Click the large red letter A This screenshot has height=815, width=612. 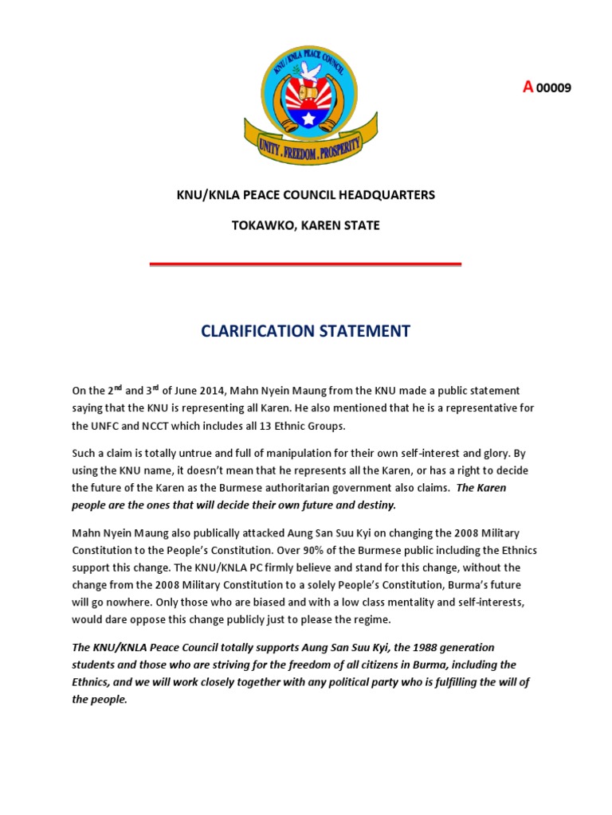pos(527,88)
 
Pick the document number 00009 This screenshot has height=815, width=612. pos(554,88)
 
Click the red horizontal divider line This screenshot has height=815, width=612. pos(305,263)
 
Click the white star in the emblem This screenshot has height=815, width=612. pos(308,119)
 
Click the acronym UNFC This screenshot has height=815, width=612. pos(104,426)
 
